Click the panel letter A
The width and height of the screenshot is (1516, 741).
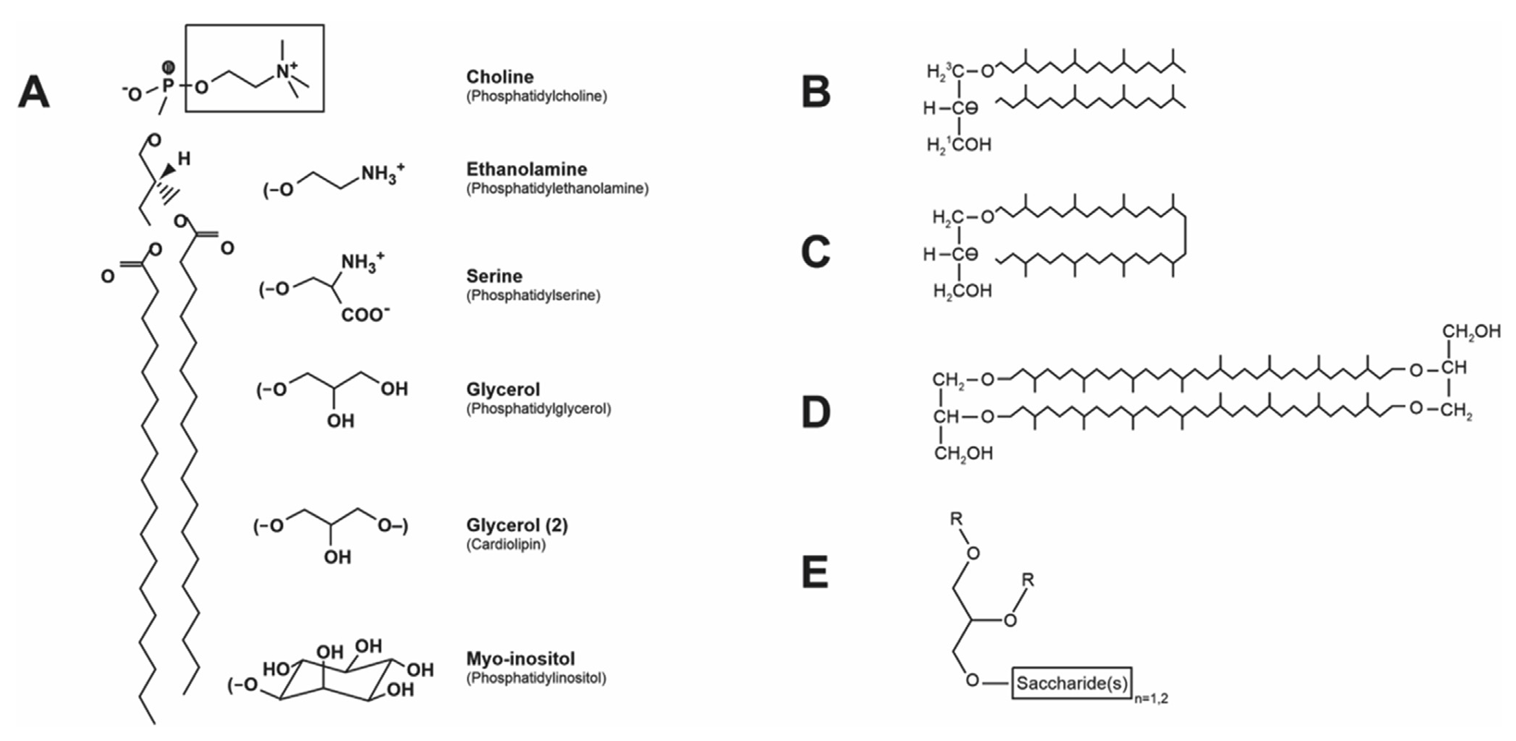point(34,93)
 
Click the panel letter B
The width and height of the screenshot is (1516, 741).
point(816,92)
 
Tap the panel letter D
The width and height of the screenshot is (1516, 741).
point(816,412)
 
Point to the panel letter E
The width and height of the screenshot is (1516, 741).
point(815,573)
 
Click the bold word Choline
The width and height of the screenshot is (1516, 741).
point(500,77)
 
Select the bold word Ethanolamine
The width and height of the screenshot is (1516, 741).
point(526,170)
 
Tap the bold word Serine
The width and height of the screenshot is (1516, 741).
point(494,277)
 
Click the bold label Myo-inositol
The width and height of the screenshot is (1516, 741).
point(520,659)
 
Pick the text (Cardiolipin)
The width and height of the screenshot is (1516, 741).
point(506,545)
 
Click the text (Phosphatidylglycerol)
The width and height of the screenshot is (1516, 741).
point(538,409)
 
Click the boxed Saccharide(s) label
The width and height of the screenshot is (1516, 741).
point(1072,683)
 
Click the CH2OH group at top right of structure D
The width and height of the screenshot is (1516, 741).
point(1471,332)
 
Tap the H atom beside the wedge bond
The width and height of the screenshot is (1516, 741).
point(184,159)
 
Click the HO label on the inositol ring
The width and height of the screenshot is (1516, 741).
point(275,669)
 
